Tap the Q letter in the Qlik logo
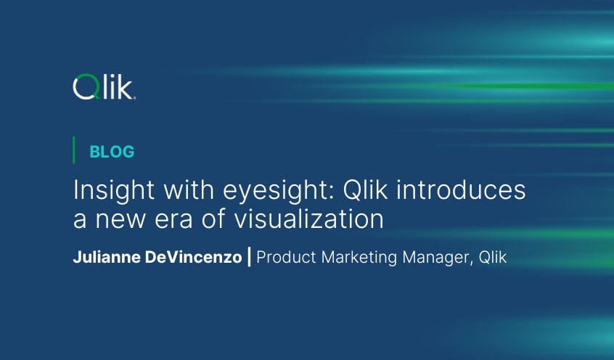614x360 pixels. point(83,88)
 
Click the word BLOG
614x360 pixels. point(112,152)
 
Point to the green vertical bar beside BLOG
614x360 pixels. point(74,150)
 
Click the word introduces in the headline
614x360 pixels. point(470,191)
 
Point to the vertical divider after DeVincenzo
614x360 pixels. point(250,258)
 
